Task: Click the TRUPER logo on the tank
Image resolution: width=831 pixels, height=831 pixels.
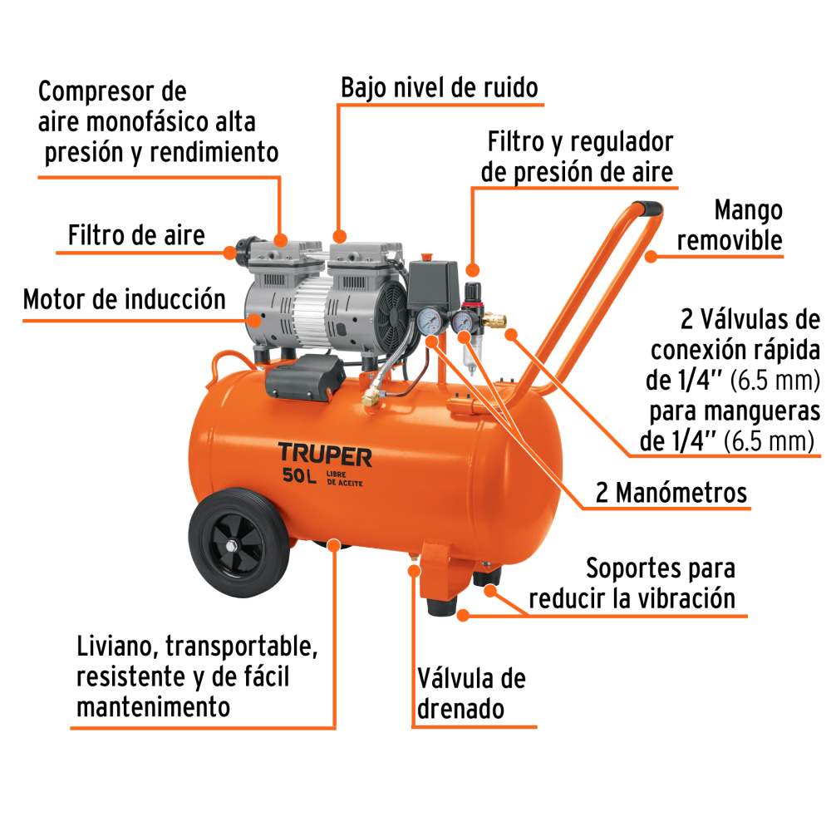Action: pyautogui.click(x=325, y=455)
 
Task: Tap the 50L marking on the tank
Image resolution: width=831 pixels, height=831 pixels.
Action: pyautogui.click(x=299, y=475)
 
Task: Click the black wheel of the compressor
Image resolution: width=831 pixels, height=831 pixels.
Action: pyautogui.click(x=239, y=542)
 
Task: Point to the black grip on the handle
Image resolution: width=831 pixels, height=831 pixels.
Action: pyautogui.click(x=647, y=208)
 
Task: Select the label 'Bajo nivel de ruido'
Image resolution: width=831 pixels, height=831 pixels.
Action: pyautogui.click(x=440, y=87)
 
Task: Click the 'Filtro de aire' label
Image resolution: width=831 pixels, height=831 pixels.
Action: pyautogui.click(x=136, y=235)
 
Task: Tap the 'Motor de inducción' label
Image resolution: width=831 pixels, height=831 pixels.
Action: pyautogui.click(x=125, y=299)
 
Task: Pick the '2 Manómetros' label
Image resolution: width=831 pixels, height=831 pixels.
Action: pyautogui.click(x=671, y=492)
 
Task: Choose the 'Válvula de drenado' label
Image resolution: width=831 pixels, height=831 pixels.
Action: pyautogui.click(x=471, y=693)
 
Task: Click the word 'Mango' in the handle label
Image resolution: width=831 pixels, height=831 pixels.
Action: pyautogui.click(x=749, y=211)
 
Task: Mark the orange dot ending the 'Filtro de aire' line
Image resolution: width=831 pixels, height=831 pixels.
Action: pyautogui.click(x=229, y=253)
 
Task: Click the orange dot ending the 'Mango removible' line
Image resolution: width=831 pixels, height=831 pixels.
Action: pyautogui.click(x=651, y=257)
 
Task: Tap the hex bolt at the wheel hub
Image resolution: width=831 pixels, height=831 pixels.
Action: pyautogui.click(x=232, y=546)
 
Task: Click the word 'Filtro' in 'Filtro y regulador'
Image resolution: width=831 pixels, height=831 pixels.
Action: pyautogui.click(x=515, y=141)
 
